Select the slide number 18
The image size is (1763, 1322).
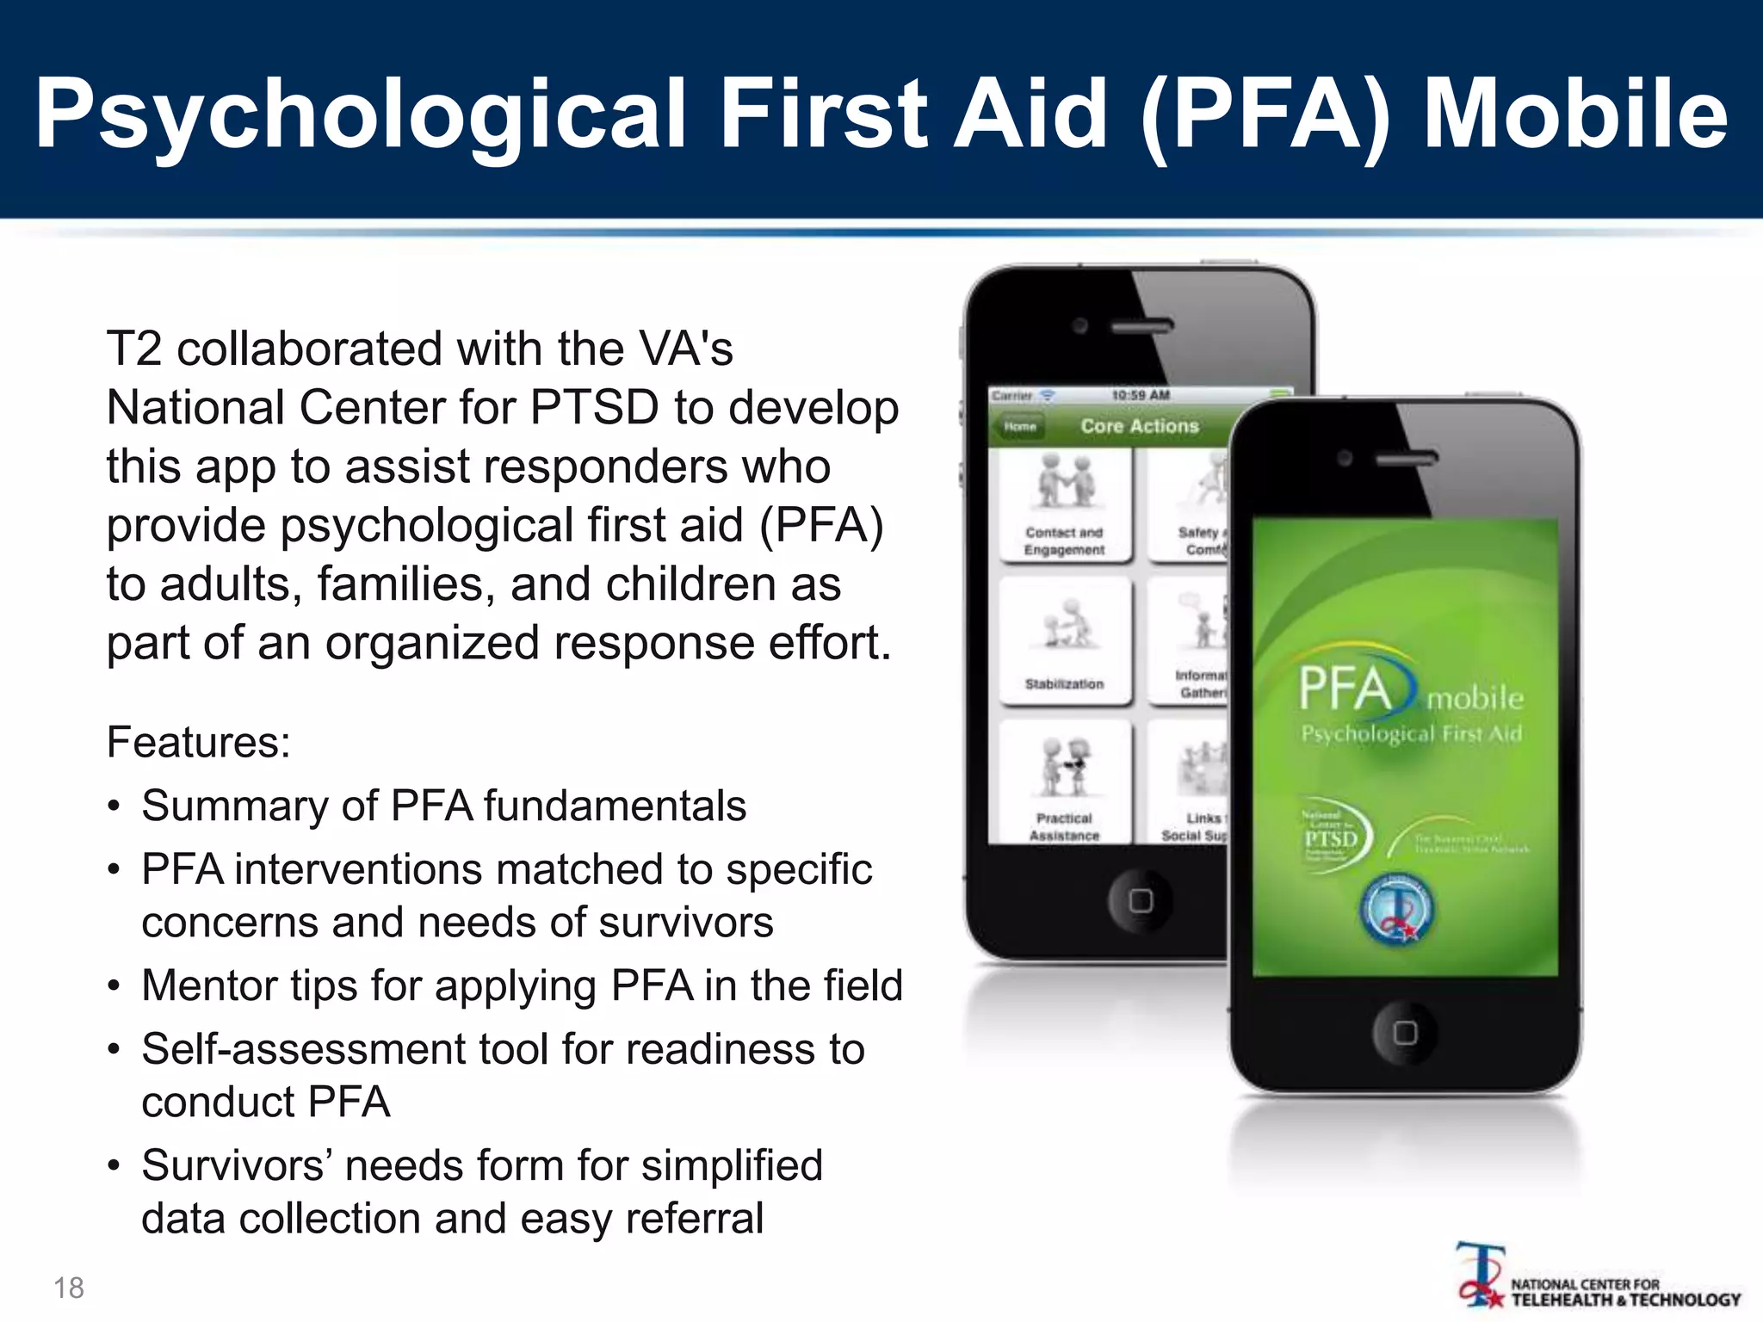coord(69,1288)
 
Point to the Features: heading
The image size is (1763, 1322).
coord(199,742)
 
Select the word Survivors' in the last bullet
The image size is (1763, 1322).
coord(236,1166)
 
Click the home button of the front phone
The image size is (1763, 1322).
coord(1405,1032)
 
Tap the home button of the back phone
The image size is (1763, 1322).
coord(1141,900)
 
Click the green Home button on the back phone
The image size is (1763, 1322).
coord(1019,426)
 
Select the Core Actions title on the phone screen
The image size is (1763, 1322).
coord(1140,426)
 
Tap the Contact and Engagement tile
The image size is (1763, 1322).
coord(1065,506)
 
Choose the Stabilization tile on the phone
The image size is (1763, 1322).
coord(1065,641)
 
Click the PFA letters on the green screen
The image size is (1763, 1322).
coord(1345,689)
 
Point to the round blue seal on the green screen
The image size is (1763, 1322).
coord(1397,910)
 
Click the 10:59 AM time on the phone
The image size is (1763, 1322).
coord(1141,395)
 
